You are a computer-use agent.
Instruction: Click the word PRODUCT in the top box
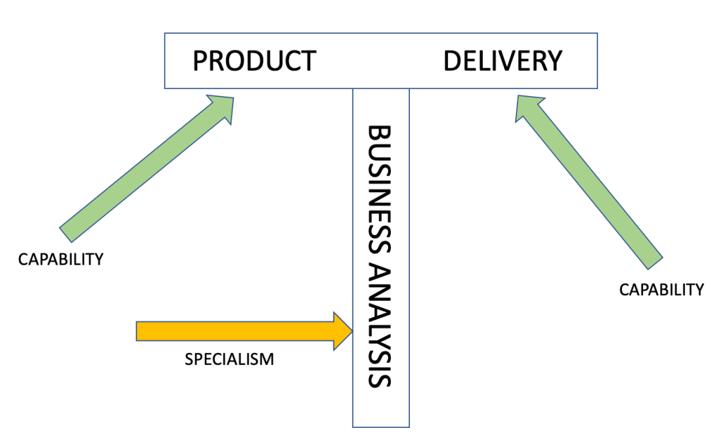pos(254,61)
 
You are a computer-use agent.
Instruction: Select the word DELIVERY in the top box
pos(502,61)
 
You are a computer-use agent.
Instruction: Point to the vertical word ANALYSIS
pos(380,325)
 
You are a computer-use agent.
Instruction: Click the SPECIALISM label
pos(229,359)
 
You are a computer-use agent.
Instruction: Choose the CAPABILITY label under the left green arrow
pos(61,259)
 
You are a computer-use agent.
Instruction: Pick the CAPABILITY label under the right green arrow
pos(662,289)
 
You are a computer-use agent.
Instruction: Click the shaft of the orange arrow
pos(233,331)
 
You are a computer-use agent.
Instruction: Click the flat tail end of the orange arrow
pos(138,331)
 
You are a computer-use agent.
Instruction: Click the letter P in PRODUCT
pos(200,61)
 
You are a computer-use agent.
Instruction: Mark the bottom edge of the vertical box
pos(381,426)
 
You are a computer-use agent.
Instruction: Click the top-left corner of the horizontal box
pos(165,33)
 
